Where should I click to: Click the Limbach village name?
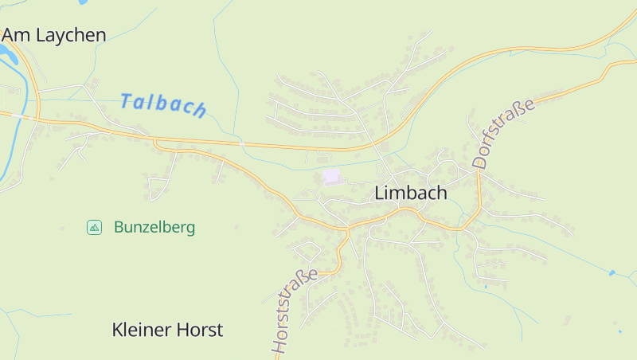click(410, 193)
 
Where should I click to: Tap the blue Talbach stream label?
click(163, 104)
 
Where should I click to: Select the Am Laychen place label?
click(54, 34)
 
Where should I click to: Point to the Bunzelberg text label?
click(154, 227)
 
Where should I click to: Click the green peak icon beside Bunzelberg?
click(94, 227)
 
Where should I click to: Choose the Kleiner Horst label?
click(167, 329)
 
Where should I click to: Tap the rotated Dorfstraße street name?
click(502, 132)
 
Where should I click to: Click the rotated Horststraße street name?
click(294, 311)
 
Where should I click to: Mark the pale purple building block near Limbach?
click(331, 175)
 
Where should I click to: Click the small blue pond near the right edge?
click(612, 273)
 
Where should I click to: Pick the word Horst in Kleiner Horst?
click(198, 329)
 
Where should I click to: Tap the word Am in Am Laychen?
click(16, 34)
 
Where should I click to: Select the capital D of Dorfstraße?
click(479, 161)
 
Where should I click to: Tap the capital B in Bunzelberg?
click(119, 227)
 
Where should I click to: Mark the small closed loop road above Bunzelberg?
click(158, 188)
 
